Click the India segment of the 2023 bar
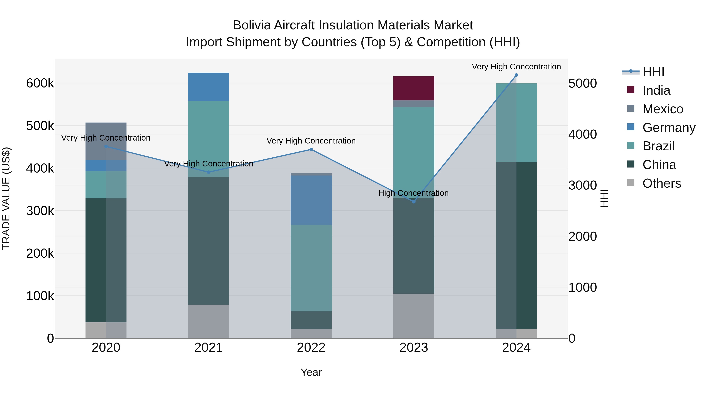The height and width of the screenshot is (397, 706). [414, 88]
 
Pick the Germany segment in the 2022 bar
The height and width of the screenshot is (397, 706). [311, 200]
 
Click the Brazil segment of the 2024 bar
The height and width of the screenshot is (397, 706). [516, 123]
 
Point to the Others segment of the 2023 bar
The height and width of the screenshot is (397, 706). [414, 316]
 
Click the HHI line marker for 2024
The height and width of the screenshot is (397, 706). [516, 75]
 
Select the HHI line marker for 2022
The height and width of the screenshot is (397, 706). [311, 150]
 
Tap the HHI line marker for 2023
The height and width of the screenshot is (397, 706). [414, 202]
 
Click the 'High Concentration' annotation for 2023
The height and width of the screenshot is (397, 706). [413, 193]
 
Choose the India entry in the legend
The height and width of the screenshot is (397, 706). [656, 90]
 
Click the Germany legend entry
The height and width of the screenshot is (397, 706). [669, 128]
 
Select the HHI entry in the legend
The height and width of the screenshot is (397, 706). [653, 72]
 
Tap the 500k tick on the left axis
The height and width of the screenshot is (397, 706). [40, 126]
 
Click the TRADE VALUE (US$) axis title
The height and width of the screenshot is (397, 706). [6, 198]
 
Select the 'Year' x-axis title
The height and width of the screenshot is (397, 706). [311, 372]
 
